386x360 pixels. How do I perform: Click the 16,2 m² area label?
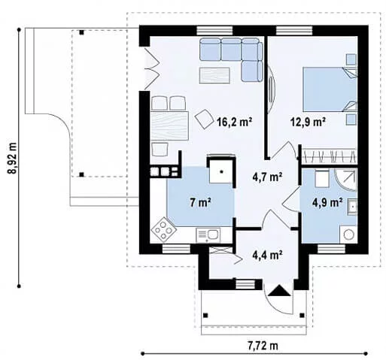point(235,122)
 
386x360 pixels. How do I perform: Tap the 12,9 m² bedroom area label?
point(308,122)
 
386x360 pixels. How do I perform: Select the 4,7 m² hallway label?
point(267,177)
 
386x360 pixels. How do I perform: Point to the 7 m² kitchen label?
point(200,202)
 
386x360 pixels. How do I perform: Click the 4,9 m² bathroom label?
point(327,202)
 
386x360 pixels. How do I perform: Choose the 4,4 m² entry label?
point(268,255)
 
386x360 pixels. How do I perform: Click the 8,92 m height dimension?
point(12,158)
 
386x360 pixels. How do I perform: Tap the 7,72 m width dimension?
point(263,346)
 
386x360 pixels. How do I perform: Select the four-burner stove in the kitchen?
point(163,228)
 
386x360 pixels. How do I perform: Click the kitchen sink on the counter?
point(208,235)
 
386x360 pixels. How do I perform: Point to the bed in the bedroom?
point(330,89)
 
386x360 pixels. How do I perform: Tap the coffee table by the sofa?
point(214,75)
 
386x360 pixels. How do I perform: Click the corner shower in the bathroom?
point(345,180)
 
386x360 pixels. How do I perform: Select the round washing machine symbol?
point(348,234)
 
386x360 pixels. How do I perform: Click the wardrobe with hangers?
point(329,156)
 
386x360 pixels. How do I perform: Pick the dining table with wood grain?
point(169,126)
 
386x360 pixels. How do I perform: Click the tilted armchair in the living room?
point(204,119)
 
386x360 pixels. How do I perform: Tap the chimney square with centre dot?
point(221,171)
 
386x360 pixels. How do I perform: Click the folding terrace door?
point(151,68)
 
